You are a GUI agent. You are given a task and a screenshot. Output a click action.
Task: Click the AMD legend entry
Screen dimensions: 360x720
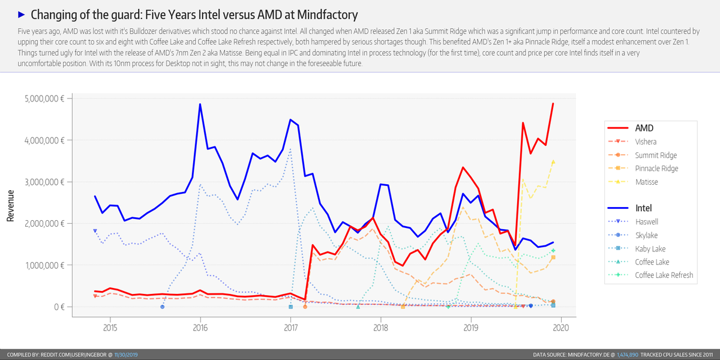pos(644,128)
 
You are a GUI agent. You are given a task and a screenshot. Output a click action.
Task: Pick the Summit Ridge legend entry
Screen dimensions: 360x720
pos(656,155)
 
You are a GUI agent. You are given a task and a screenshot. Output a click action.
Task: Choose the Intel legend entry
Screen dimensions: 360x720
pos(643,209)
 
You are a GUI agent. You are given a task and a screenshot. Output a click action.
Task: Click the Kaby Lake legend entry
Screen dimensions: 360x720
pos(650,248)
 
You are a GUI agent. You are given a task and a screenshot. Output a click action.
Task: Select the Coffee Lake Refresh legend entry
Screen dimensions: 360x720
pos(664,275)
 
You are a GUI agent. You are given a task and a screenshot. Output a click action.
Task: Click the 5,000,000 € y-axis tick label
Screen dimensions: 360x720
pos(43,98)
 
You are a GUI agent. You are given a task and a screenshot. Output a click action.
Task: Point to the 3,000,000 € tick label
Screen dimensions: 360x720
pos(43,182)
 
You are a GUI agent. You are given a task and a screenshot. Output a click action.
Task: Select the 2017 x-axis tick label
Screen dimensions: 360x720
pos(290,328)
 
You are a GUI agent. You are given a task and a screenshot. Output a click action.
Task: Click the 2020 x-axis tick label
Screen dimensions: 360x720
pos(560,328)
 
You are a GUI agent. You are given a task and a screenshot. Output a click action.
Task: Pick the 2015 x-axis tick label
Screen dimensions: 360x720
pos(110,328)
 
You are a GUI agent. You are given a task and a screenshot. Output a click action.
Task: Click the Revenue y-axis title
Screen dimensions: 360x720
pos(10,203)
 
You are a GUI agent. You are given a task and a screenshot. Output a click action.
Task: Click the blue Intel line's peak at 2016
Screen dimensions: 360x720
pos(200,104)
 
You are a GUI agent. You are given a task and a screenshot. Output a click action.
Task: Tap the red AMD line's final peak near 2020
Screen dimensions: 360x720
pos(553,104)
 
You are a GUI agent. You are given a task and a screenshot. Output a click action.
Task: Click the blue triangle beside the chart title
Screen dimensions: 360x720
pos(22,14)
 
